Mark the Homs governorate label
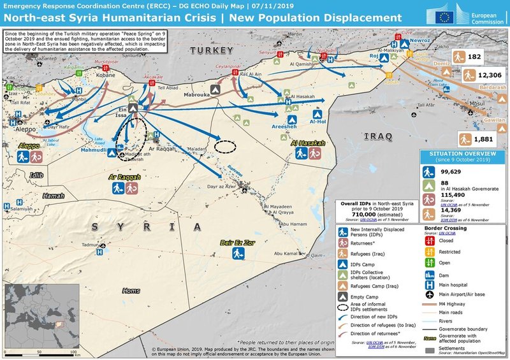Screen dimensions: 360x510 coord(131,291)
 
